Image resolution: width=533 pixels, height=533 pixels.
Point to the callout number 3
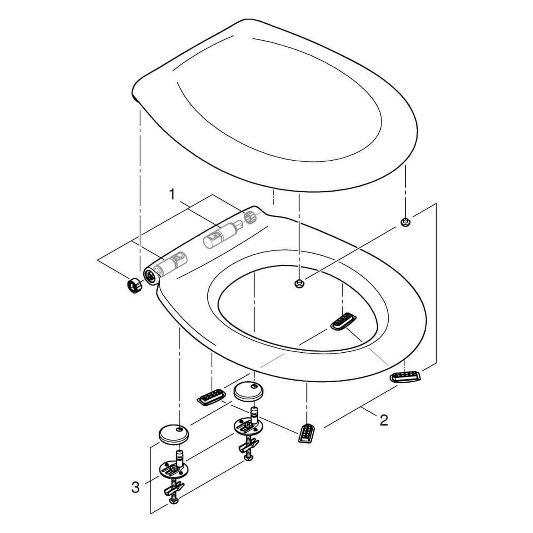click(x=135, y=487)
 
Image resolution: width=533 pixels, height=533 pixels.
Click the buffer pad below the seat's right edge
click(x=405, y=376)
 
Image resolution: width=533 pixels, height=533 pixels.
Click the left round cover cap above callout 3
click(x=173, y=434)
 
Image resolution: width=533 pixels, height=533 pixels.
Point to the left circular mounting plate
click(x=173, y=469)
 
